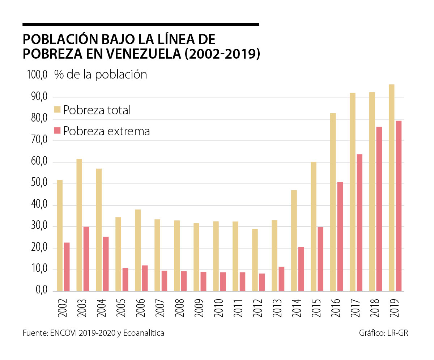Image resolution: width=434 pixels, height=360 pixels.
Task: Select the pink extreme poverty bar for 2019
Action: click(398, 206)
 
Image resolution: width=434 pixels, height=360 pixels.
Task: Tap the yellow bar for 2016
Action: click(333, 202)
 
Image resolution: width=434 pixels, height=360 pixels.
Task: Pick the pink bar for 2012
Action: click(262, 282)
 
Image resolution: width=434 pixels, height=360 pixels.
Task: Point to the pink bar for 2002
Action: click(67, 267)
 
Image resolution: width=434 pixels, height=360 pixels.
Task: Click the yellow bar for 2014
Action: click(294, 241)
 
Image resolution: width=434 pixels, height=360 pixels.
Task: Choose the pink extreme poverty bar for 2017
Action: click(359, 223)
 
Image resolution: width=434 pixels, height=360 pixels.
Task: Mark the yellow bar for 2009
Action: click(196, 257)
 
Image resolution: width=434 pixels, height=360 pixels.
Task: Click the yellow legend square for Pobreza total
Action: click(58, 110)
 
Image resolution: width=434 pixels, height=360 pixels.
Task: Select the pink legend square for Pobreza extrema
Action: click(58, 131)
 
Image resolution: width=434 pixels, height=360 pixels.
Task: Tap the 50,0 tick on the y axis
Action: click(37, 183)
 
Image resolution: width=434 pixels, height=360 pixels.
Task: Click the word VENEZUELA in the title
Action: click(144, 53)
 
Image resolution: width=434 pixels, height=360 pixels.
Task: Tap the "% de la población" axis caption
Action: click(101, 75)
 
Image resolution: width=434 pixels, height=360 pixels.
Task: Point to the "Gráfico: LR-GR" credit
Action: click(383, 333)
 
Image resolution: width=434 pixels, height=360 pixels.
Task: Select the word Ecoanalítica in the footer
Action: click(144, 333)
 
